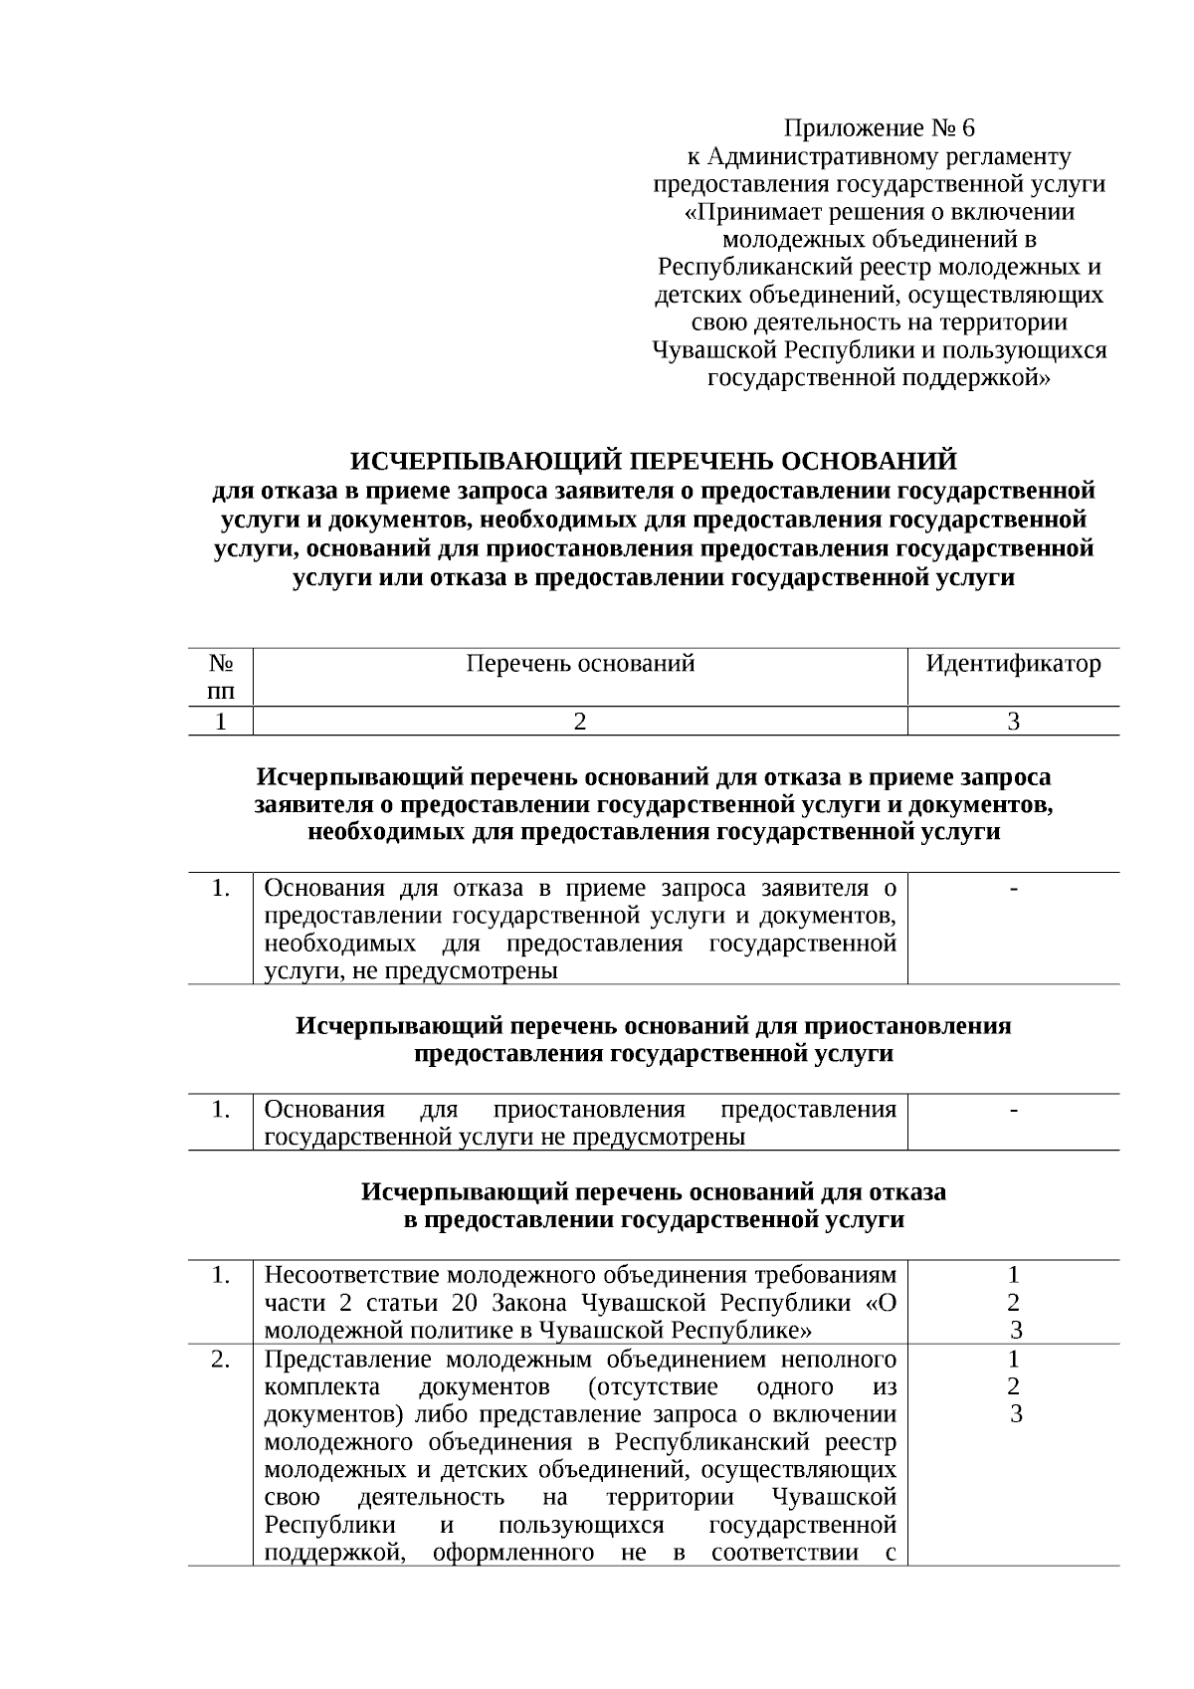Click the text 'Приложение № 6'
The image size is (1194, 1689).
880,128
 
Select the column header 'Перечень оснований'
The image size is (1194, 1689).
580,664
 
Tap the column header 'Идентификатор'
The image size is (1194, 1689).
1013,664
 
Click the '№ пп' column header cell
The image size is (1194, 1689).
221,677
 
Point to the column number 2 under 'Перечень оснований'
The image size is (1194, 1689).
580,722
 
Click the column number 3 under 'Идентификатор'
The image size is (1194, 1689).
1013,722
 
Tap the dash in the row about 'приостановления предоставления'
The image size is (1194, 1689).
1013,1109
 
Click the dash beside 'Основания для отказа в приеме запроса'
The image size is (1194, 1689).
1013,888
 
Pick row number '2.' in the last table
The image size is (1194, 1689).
221,1360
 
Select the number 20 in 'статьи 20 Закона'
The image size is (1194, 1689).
466,1303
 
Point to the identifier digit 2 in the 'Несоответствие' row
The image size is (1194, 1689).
1013,1303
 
